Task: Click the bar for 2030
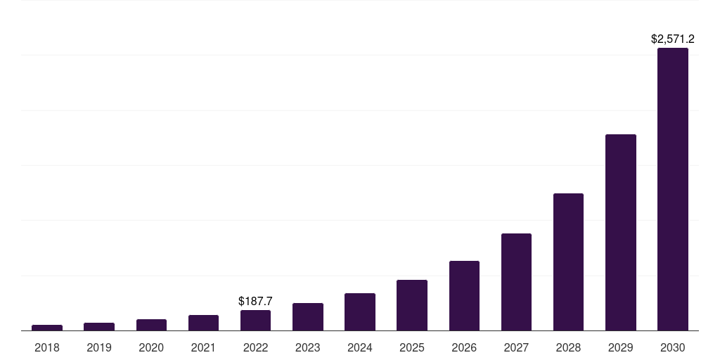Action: pos(672,189)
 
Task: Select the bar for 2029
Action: pos(620,232)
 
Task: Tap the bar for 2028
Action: pos(568,262)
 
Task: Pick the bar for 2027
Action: pos(516,282)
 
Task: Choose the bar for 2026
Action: pos(464,295)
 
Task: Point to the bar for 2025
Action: pos(412,305)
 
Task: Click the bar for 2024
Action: pos(360,311)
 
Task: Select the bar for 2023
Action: pos(308,316)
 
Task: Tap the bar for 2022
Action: pos(255,320)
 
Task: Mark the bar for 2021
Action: pos(203,323)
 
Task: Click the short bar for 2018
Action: pos(47,328)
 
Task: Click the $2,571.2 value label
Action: pos(672,39)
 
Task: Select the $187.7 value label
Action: pos(255,301)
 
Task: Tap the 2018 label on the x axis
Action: pos(47,347)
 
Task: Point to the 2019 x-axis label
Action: pos(99,347)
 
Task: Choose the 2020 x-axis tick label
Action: pos(151,347)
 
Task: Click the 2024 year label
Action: pos(360,347)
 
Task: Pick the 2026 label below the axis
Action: pos(464,347)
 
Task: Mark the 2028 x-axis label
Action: pos(568,347)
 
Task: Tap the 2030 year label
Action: pos(672,347)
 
